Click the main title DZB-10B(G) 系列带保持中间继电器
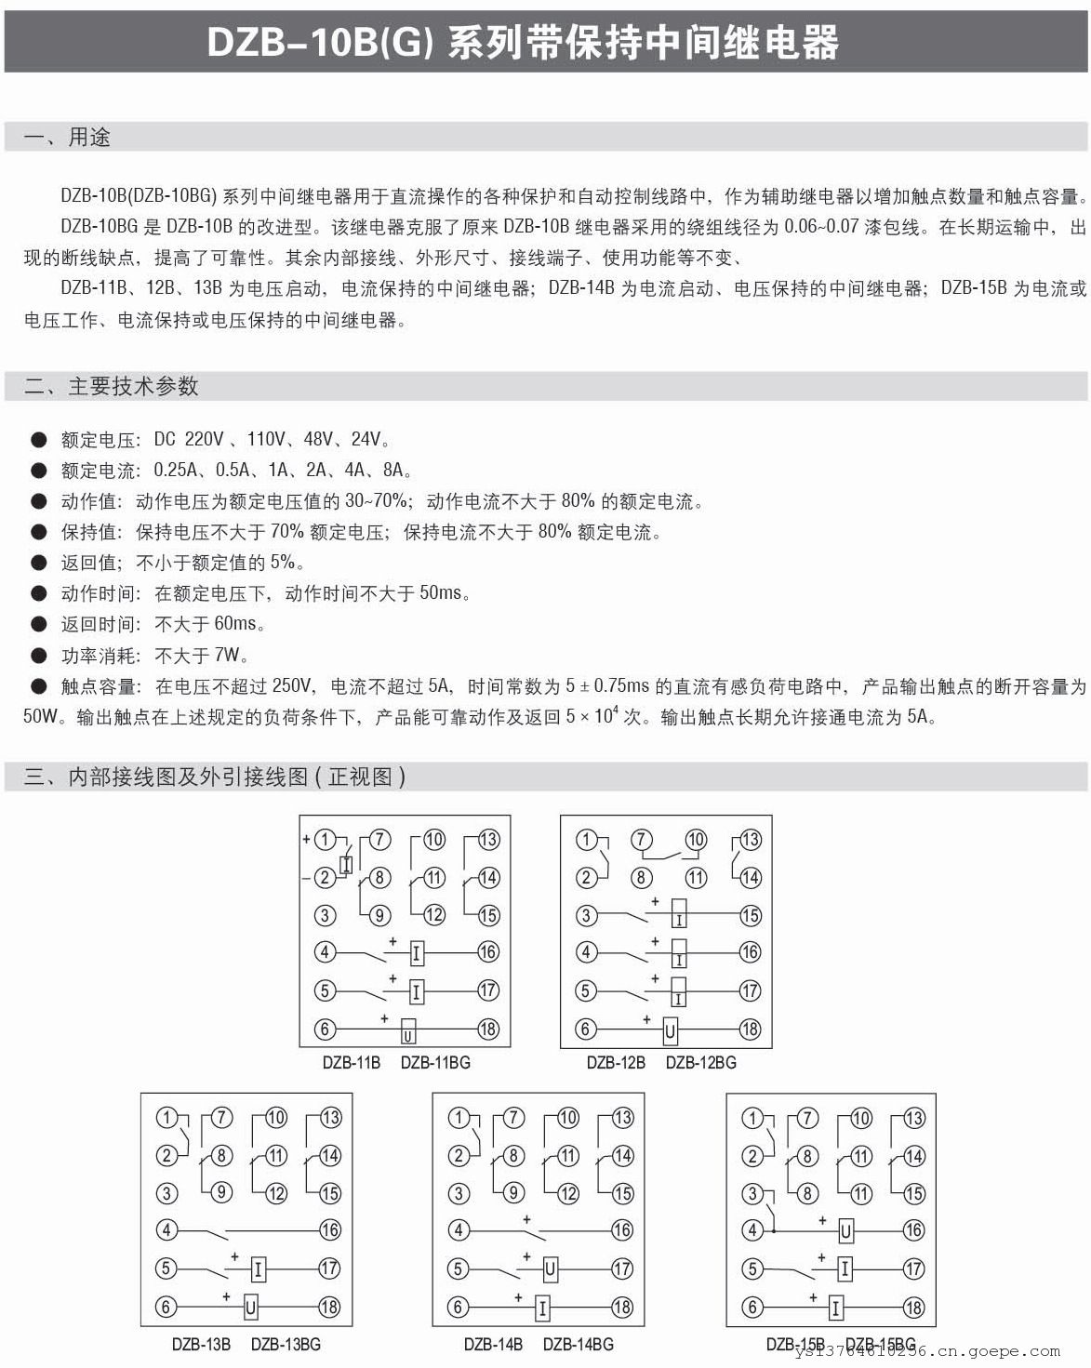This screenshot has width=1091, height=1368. [523, 43]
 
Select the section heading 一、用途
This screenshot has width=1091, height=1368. [67, 138]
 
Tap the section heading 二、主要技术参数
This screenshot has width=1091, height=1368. [111, 386]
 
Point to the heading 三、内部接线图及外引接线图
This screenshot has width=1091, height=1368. [214, 777]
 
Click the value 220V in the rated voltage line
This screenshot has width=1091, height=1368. [204, 440]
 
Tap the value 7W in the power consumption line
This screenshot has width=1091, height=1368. [227, 655]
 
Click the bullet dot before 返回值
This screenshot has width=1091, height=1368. [38, 562]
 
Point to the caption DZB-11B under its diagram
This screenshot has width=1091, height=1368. [351, 1062]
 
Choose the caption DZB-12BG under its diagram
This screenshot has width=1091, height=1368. [700, 1062]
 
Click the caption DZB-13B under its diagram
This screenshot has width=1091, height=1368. [201, 1344]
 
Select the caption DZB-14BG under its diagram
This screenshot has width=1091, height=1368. [578, 1344]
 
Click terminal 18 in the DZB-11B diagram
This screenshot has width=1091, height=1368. [488, 1029]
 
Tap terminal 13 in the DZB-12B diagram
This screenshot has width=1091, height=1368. [750, 840]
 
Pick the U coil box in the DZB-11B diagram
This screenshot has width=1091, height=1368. [407, 1030]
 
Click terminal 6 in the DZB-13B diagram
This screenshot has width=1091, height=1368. [166, 1307]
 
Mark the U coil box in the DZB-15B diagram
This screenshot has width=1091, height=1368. [845, 1231]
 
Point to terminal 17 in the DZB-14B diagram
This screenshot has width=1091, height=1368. [621, 1268]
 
